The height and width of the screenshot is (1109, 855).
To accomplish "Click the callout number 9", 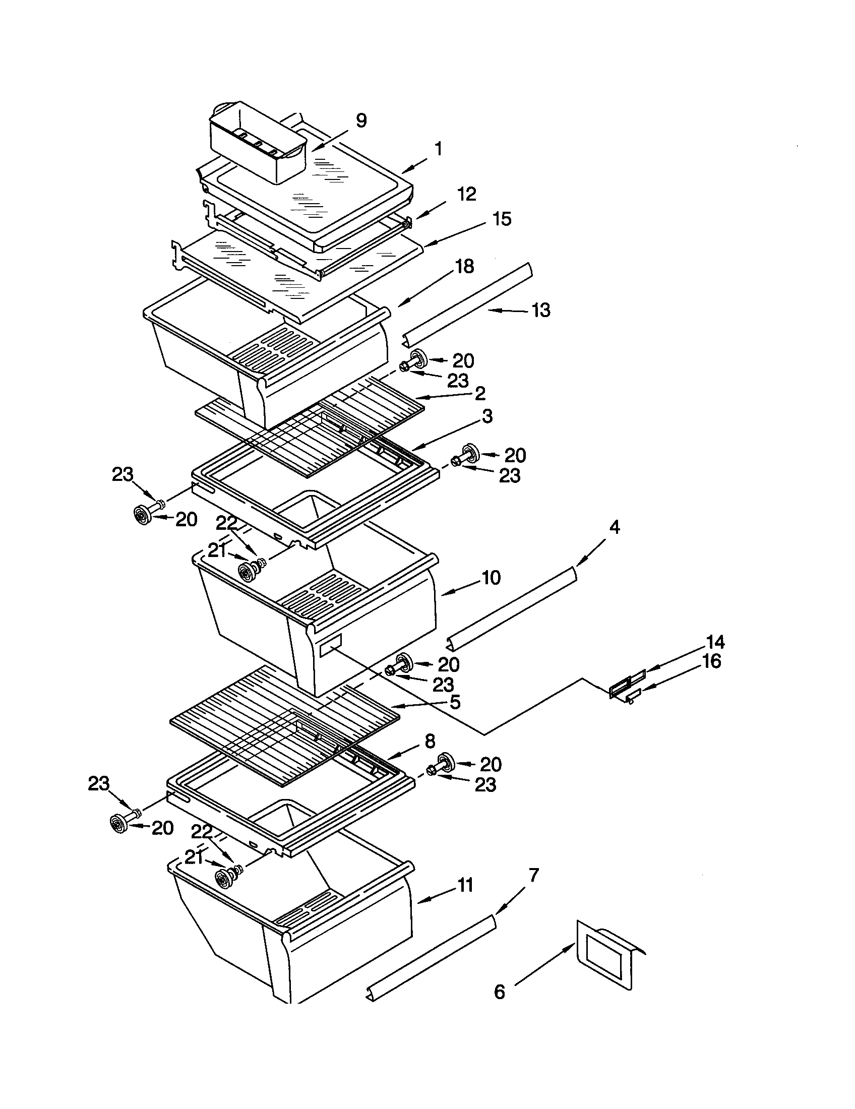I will [360, 121].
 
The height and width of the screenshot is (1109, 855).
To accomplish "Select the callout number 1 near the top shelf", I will [438, 149].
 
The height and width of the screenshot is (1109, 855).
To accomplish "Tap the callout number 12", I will [467, 194].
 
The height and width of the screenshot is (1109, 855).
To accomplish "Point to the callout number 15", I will [502, 219].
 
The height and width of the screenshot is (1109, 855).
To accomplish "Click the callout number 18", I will [465, 266].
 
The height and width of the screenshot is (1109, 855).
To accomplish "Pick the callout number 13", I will [541, 310].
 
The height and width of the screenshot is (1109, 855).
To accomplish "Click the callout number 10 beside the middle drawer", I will [491, 578].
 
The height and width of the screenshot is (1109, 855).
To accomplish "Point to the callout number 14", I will [715, 642].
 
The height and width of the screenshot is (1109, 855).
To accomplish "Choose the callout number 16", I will [712, 662].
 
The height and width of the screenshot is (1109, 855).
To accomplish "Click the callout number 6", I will [500, 992].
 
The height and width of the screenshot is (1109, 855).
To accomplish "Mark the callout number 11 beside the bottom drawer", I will [465, 885].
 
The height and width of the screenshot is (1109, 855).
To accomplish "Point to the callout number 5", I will [454, 702].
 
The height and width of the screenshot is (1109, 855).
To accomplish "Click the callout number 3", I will [487, 416].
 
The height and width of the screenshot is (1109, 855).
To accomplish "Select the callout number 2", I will [480, 393].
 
